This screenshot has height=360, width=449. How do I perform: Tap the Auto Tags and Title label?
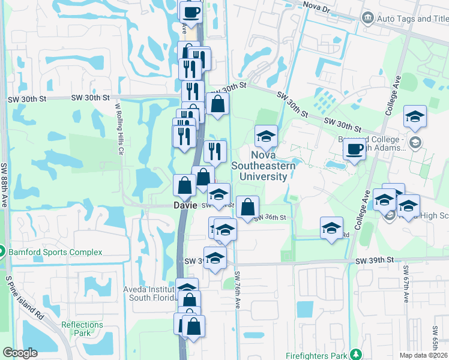coord(412,19)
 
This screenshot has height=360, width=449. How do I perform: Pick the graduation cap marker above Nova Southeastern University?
coord(266,136)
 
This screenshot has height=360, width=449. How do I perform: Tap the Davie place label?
coord(185,205)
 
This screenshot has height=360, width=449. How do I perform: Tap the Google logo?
coord(20,353)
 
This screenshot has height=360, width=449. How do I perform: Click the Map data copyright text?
coord(423,355)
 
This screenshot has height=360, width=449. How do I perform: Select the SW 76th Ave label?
coord(237,290)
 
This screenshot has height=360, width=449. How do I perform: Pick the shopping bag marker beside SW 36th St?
coord(247,208)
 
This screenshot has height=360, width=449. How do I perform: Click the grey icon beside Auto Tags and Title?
coord(367,19)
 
